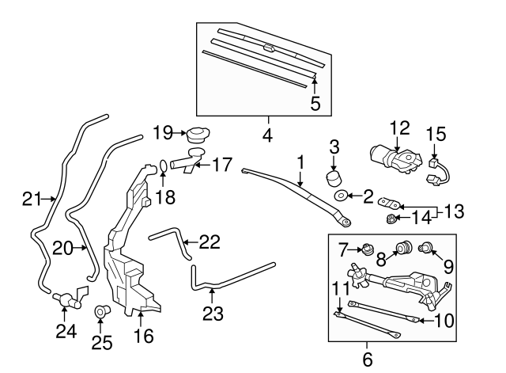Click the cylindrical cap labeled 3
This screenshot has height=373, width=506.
(x=335, y=176)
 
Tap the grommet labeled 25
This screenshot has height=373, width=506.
(x=101, y=312)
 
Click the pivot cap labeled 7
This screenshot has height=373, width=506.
(x=368, y=253)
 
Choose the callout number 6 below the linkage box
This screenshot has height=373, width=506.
(x=367, y=359)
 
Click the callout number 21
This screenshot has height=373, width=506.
(x=31, y=200)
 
